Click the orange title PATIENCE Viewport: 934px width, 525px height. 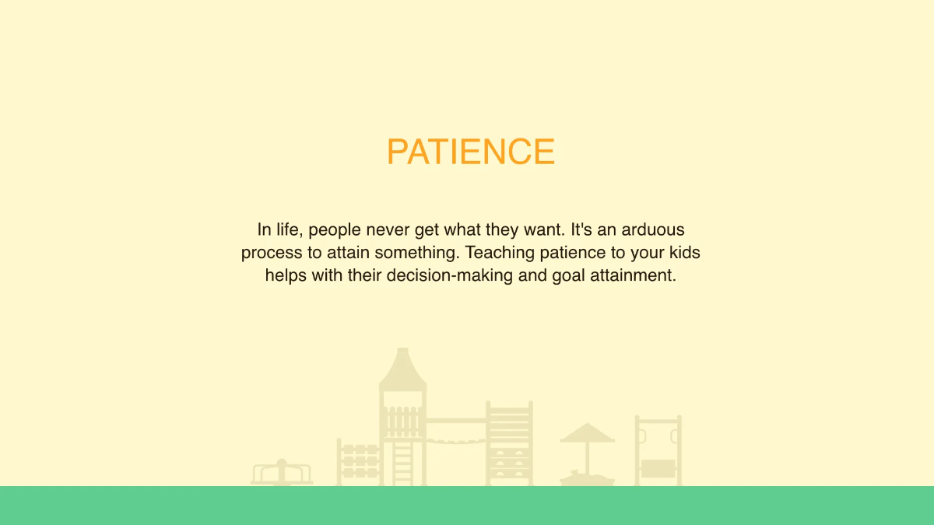pyautogui.click(x=470, y=152)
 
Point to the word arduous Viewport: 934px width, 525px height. pyautogui.click(x=652, y=229)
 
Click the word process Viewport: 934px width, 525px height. pyautogui.click(x=269, y=253)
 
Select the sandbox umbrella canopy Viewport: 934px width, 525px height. pyautogui.click(x=587, y=432)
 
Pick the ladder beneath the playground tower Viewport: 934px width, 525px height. pyautogui.click(x=403, y=464)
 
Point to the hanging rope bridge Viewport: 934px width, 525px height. pyautogui.click(x=455, y=442)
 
